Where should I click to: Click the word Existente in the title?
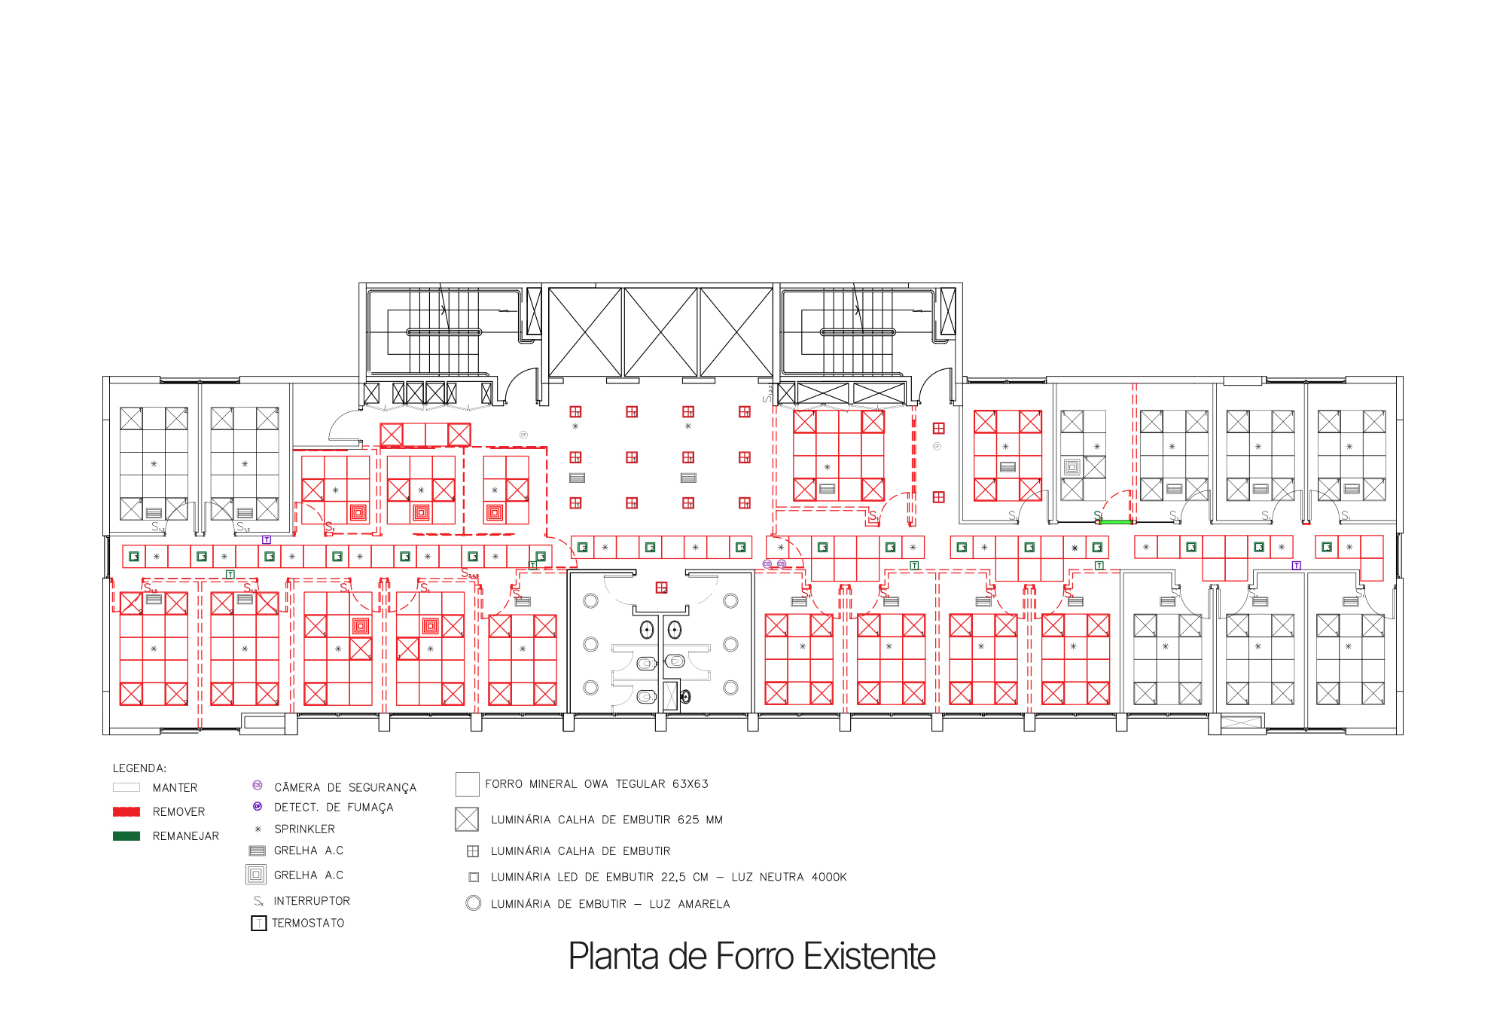click(x=869, y=957)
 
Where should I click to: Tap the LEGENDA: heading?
click(x=139, y=768)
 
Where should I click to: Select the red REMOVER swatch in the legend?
click(x=127, y=811)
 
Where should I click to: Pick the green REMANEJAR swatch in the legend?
click(x=127, y=835)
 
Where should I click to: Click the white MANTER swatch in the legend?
click(x=127, y=787)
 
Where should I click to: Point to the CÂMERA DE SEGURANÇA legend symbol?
click(x=257, y=785)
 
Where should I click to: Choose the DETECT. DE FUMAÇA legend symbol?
click(x=257, y=806)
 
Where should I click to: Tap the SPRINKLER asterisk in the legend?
click(x=258, y=829)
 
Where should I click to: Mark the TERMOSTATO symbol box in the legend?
click(x=258, y=924)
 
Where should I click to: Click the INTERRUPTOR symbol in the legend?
click(x=258, y=901)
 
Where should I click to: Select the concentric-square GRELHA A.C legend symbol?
click(x=256, y=875)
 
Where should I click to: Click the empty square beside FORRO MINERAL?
click(x=468, y=784)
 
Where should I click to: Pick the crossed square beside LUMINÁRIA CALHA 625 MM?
click(x=467, y=819)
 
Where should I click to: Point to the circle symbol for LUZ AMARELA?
click(x=474, y=903)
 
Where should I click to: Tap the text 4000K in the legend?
click(x=829, y=877)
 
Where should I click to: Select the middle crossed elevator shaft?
click(x=661, y=331)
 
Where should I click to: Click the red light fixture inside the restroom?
click(x=661, y=588)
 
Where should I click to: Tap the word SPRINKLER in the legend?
click(x=304, y=829)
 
